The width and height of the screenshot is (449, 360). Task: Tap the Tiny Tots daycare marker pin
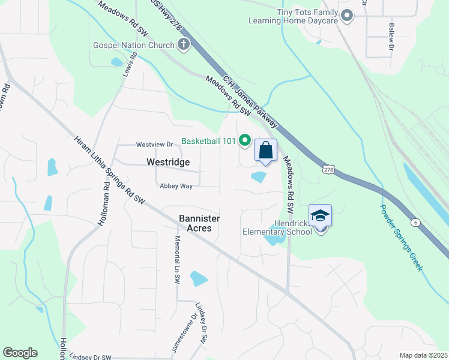(x=346, y=16)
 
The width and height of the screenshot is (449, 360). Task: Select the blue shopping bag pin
(x=266, y=151)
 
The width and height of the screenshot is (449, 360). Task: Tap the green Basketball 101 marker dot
(x=245, y=141)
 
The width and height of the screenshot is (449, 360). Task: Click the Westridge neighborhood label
(x=168, y=162)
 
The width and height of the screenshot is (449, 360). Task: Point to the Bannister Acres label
(x=199, y=224)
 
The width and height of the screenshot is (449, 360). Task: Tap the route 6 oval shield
(x=415, y=222)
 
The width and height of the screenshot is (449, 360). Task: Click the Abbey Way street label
(x=176, y=186)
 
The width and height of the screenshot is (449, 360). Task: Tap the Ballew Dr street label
(x=391, y=36)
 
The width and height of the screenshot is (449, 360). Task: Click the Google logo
(x=20, y=353)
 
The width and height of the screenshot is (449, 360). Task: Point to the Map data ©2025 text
(x=423, y=355)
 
